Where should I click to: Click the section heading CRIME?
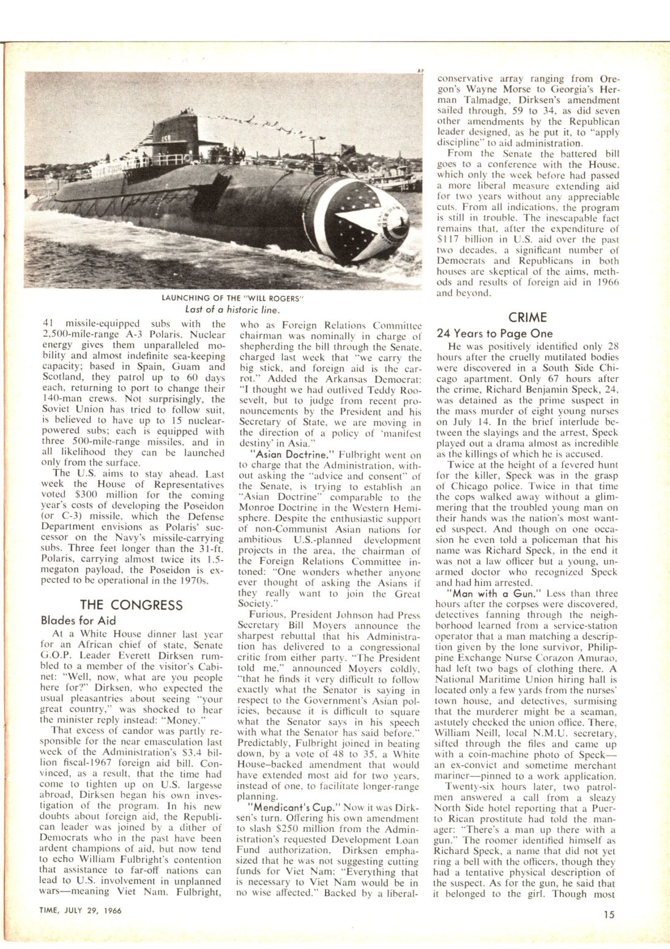(527, 317)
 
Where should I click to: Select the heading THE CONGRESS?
(131, 605)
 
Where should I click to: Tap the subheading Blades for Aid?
(78, 620)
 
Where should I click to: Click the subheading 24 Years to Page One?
(494, 334)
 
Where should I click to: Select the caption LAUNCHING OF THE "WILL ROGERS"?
(233, 298)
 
